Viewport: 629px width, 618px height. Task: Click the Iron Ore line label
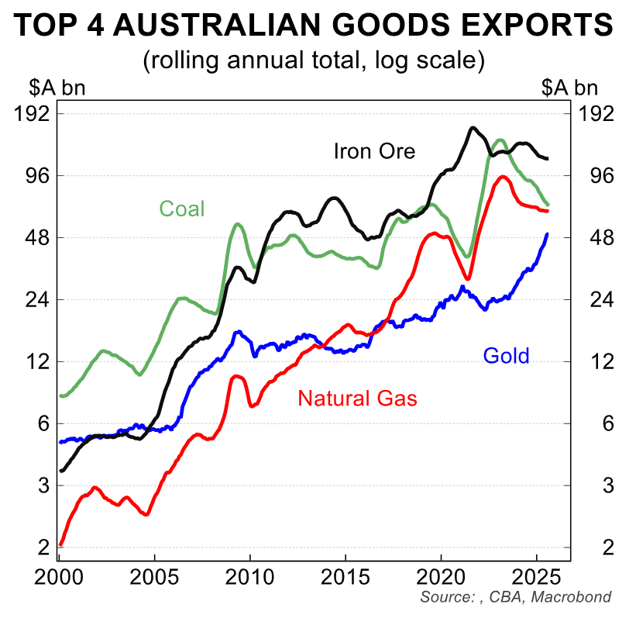tap(374, 150)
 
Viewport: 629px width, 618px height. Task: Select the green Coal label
tap(182, 209)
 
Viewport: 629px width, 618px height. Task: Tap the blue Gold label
tap(506, 356)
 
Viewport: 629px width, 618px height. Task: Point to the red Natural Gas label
tap(357, 399)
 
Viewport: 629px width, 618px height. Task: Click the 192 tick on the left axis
tap(32, 113)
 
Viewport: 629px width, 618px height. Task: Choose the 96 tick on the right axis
tap(590, 175)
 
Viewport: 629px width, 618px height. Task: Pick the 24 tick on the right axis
tap(590, 299)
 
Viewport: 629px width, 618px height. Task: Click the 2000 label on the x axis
tap(59, 579)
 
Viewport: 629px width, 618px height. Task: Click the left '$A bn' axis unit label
tap(46, 88)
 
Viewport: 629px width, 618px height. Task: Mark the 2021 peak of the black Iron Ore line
tap(472, 128)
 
